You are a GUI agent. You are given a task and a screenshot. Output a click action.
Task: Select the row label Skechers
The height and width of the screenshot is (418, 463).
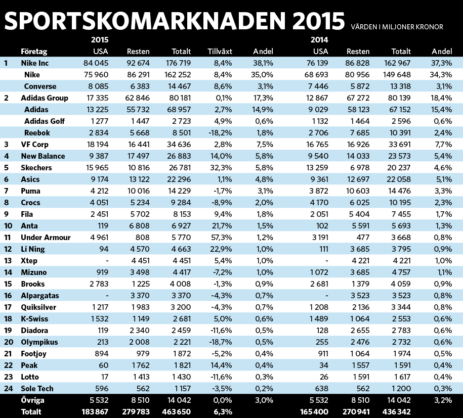[x=36, y=167]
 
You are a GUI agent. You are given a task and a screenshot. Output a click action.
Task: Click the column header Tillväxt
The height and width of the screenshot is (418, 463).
[x=220, y=52]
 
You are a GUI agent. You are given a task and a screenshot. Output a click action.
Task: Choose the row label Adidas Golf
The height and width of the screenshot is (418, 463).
[x=45, y=121]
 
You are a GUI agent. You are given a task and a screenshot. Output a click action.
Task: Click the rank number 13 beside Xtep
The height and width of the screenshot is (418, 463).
[x=7, y=261]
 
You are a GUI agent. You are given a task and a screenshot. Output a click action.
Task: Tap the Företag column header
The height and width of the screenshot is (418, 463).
[x=34, y=52]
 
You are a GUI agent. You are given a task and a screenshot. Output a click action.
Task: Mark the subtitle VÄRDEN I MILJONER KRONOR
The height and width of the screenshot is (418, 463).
[x=397, y=27]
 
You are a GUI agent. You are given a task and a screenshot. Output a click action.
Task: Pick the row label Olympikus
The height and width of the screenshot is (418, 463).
[x=39, y=342]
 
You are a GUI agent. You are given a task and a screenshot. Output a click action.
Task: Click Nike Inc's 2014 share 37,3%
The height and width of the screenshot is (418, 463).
[x=442, y=63]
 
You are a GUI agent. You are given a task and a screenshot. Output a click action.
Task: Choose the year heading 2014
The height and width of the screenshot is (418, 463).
[x=318, y=39]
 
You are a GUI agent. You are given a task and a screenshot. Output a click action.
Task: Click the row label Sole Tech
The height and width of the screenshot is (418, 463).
[x=37, y=389]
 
